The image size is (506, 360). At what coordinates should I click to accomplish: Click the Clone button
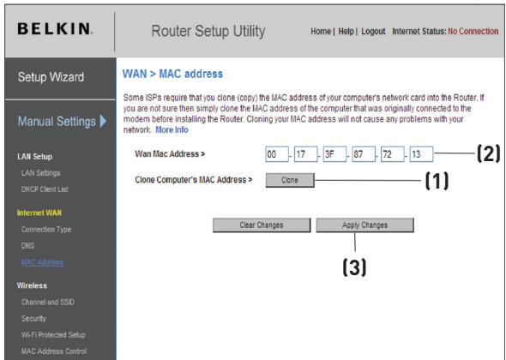click(x=289, y=180)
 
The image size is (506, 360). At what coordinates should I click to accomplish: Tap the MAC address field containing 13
click(x=420, y=155)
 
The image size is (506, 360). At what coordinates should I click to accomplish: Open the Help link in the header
click(x=346, y=32)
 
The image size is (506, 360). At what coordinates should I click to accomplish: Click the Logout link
click(x=373, y=32)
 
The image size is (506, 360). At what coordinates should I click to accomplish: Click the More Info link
click(x=171, y=129)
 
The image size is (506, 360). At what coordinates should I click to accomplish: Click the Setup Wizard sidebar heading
click(x=52, y=78)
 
